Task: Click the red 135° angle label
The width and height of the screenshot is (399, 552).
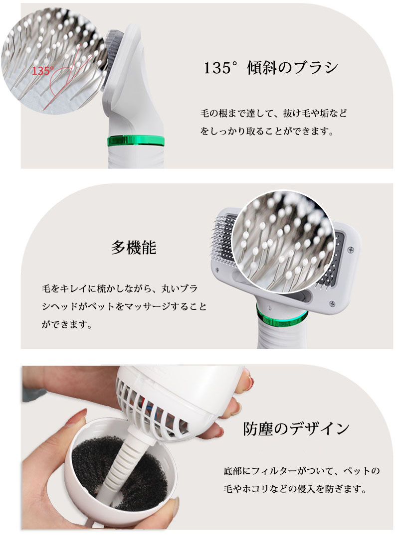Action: pos(43,71)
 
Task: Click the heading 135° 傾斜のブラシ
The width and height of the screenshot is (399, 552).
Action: pos(270,68)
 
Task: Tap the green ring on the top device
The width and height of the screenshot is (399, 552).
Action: pos(136,140)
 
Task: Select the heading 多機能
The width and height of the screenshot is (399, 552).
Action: pos(134,248)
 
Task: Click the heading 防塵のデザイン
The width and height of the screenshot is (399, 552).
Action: pos(296,429)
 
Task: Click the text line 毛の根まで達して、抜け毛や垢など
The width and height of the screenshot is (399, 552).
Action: pos(273,114)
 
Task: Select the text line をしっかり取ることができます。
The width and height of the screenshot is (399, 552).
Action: pos(267,132)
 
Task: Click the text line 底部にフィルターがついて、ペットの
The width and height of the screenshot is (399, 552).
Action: pos(301,471)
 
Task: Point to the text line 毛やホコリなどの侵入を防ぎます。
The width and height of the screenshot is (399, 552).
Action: pos(295,489)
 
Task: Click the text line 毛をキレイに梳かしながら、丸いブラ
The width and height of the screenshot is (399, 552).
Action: pos(120,288)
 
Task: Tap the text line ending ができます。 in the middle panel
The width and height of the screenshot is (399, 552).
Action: pos(67,324)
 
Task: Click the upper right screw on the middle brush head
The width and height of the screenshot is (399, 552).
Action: pos(350,249)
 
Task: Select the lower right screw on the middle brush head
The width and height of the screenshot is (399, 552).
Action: pos(332,302)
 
